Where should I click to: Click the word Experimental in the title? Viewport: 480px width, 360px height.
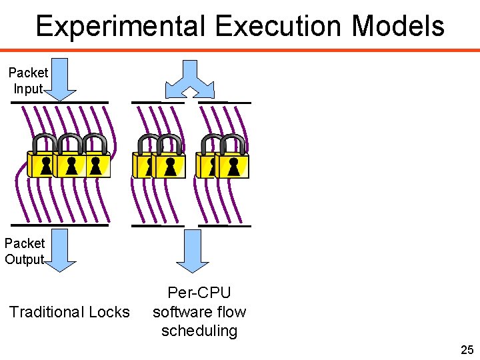[121, 27]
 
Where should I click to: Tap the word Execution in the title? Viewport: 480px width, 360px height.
[279, 27]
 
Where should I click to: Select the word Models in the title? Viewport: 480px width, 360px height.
[397, 27]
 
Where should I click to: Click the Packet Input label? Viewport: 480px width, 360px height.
[28, 80]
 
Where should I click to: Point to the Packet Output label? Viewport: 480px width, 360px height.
[25, 251]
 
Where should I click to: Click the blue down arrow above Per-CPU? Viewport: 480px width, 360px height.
[193, 249]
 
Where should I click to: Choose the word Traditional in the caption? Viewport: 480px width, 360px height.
[47, 312]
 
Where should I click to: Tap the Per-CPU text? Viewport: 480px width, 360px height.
[199, 293]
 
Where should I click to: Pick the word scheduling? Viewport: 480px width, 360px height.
[199, 331]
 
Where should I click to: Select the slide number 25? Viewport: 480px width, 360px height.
[467, 349]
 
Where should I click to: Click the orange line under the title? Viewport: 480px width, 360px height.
[240, 50]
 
